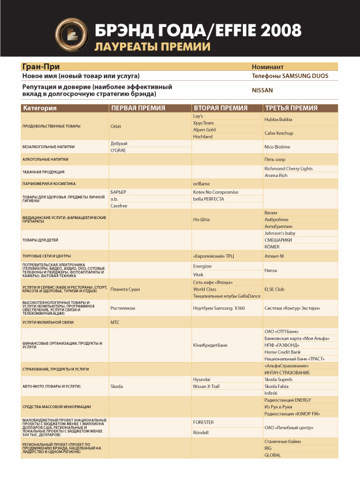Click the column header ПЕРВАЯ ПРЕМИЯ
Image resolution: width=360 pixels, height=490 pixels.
tap(138, 108)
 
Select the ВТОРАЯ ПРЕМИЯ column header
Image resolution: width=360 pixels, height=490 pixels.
tap(220, 108)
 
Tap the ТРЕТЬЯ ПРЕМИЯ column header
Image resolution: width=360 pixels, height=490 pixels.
tap(291, 108)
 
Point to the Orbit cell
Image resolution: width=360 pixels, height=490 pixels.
tap(116, 126)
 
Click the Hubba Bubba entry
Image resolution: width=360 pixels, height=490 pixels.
tap(278, 119)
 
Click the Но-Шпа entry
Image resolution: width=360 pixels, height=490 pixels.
tap(201, 220)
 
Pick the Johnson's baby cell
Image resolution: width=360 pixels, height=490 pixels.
tap(281, 233)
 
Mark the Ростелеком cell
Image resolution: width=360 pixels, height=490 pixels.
tap(123, 308)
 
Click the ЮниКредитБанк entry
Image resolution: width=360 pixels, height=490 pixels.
tap(210, 345)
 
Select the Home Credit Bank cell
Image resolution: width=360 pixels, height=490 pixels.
tap(283, 352)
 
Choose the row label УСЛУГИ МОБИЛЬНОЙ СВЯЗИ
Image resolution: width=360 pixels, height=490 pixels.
tap(49, 323)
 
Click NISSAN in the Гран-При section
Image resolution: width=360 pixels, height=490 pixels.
tap(262, 91)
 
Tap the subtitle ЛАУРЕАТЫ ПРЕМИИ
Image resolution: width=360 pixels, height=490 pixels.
tap(152, 47)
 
